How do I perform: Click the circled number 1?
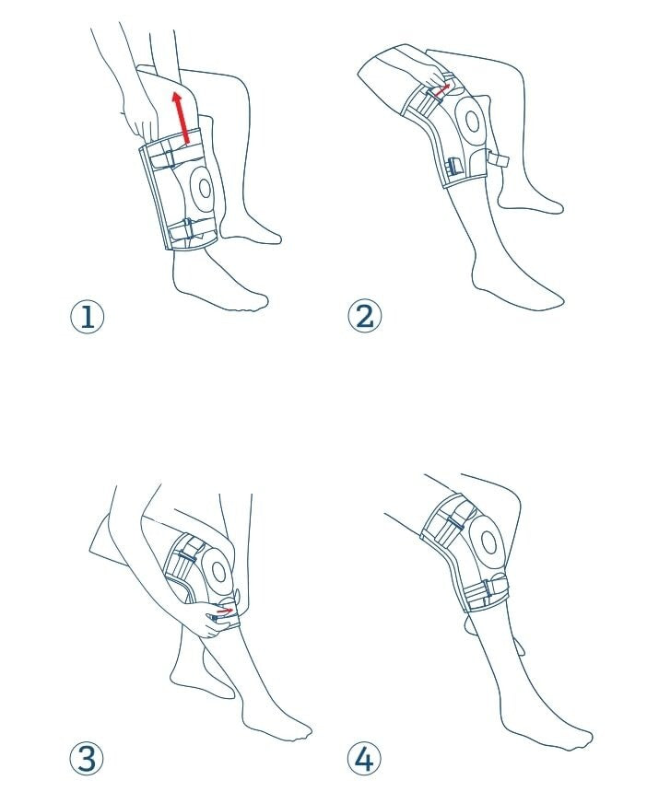(x=88, y=318)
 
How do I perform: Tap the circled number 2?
(x=364, y=317)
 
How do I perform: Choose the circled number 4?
(x=364, y=760)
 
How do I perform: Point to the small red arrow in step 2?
(x=442, y=89)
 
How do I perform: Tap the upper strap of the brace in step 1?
(x=167, y=157)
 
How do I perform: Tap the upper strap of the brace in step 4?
(x=451, y=520)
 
